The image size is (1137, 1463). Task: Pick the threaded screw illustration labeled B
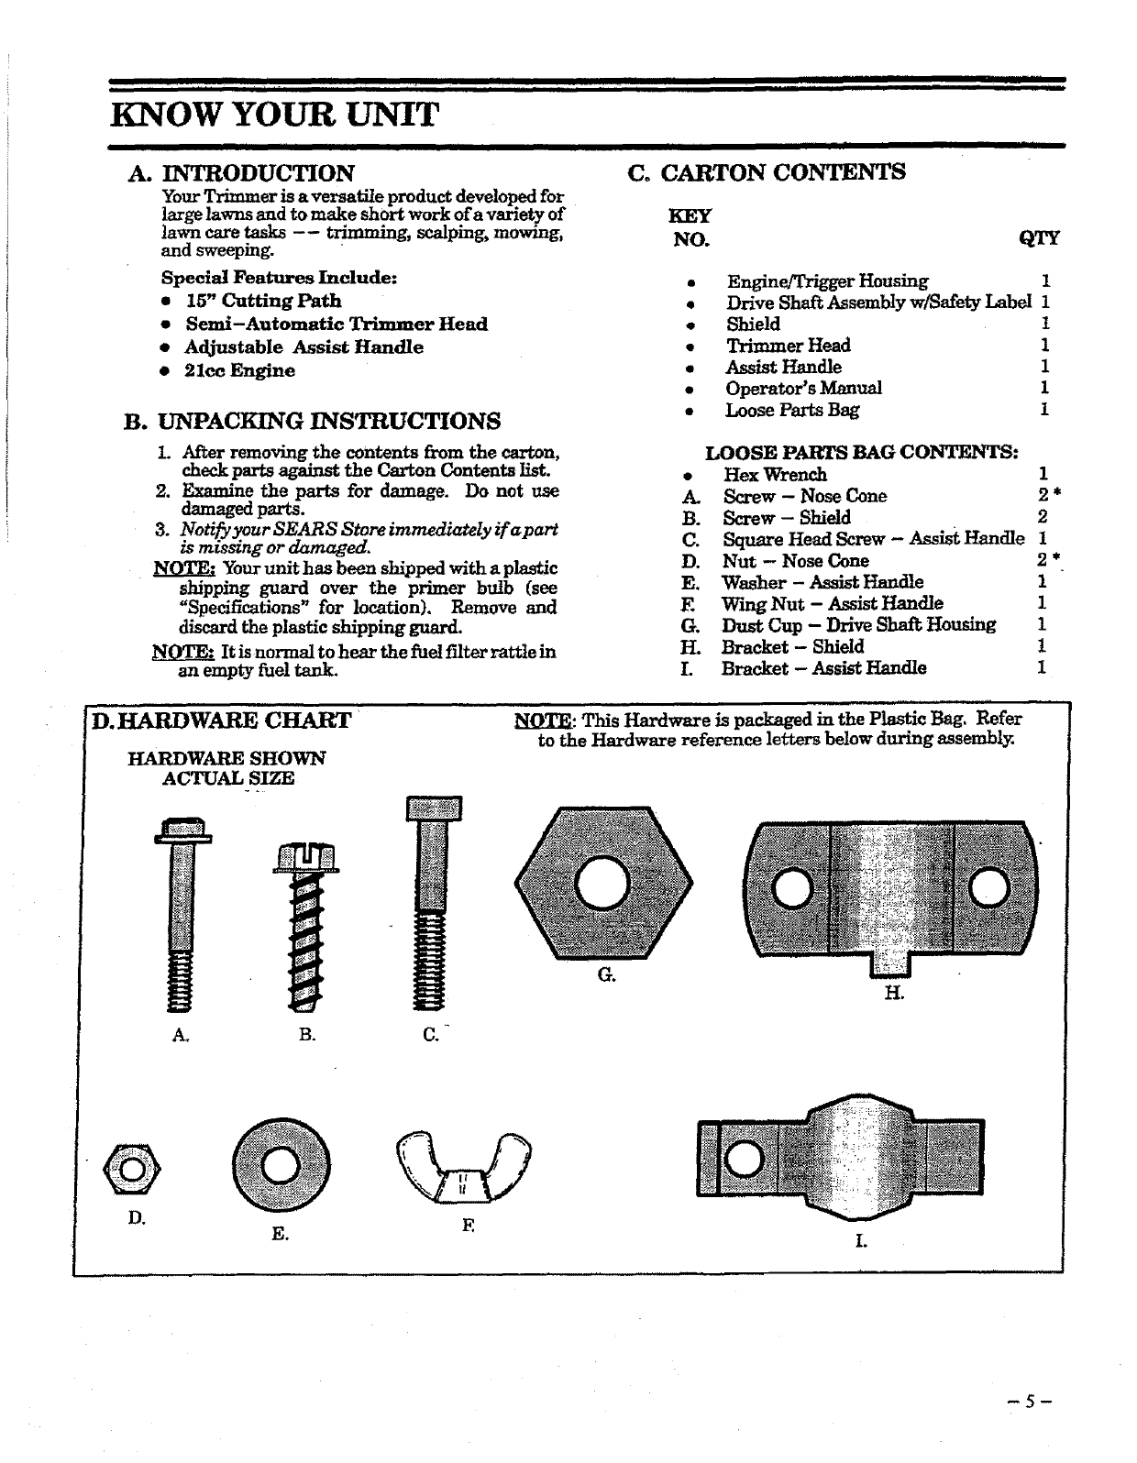pos(305,926)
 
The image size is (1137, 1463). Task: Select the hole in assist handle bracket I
pos(742,1160)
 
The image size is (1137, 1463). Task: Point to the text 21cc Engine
pos(239,370)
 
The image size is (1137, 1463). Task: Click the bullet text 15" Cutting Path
pos(262,301)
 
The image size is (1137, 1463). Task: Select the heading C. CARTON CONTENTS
pos(767,172)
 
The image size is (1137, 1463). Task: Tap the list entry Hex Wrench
pos(775,474)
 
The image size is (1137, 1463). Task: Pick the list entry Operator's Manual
pos(803,388)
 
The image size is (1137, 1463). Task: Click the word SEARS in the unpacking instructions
pos(304,531)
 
